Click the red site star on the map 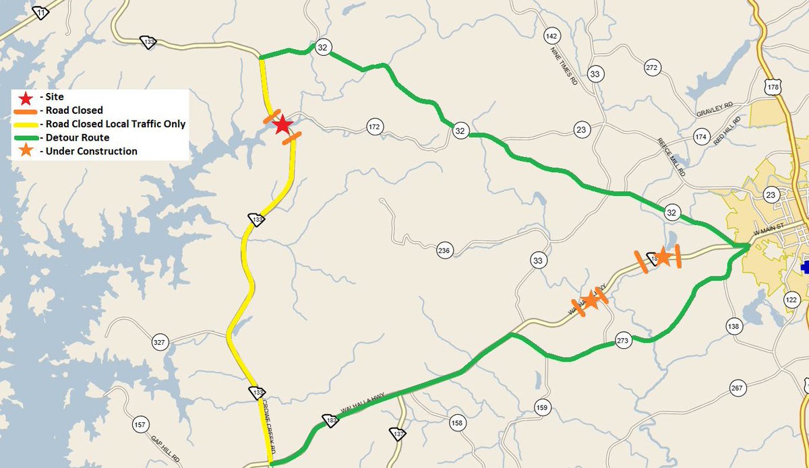click(282, 125)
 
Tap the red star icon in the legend click(26, 97)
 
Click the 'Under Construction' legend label click(88, 152)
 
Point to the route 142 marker click(552, 36)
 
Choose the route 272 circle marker click(651, 67)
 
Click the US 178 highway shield click(773, 88)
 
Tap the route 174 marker click(701, 137)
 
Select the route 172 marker click(375, 126)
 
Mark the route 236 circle click(443, 251)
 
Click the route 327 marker click(159, 343)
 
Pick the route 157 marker click(140, 425)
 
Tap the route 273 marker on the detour click(622, 342)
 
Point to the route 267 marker click(736, 388)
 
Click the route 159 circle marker click(542, 407)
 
